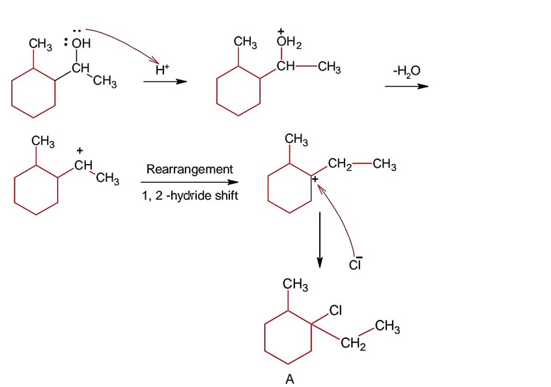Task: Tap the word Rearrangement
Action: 190,169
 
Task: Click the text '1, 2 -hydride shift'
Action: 190,196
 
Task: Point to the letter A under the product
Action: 290,380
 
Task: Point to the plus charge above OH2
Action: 281,31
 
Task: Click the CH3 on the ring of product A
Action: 295,284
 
